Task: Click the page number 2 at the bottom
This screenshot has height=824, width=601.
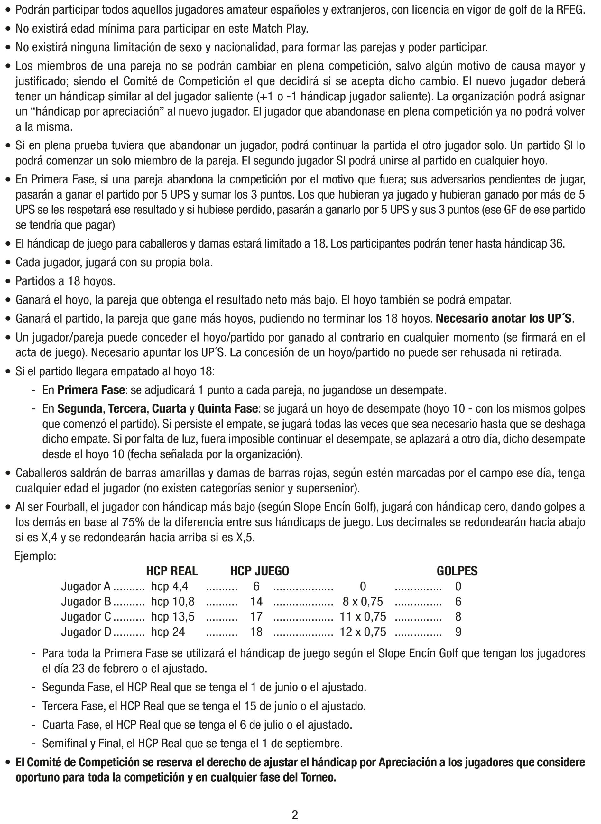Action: (295, 815)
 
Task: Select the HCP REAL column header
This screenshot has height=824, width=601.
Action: (172, 571)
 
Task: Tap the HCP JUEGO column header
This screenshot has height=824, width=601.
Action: (259, 571)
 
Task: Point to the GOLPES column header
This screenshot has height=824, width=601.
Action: (457, 571)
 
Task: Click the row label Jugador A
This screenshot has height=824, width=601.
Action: (86, 586)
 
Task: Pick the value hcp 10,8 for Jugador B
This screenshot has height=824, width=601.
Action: (173, 602)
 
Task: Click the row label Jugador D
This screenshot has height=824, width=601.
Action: (86, 632)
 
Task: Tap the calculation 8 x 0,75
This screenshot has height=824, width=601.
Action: (363, 602)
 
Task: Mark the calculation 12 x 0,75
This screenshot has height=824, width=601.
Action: (363, 632)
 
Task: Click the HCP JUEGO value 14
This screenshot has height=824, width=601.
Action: (256, 602)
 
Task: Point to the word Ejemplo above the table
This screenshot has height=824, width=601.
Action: (35, 556)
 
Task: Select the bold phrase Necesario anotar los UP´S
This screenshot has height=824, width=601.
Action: (504, 319)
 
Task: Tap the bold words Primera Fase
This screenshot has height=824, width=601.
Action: (91, 390)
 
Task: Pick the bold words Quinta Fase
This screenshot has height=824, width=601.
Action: (227, 409)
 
